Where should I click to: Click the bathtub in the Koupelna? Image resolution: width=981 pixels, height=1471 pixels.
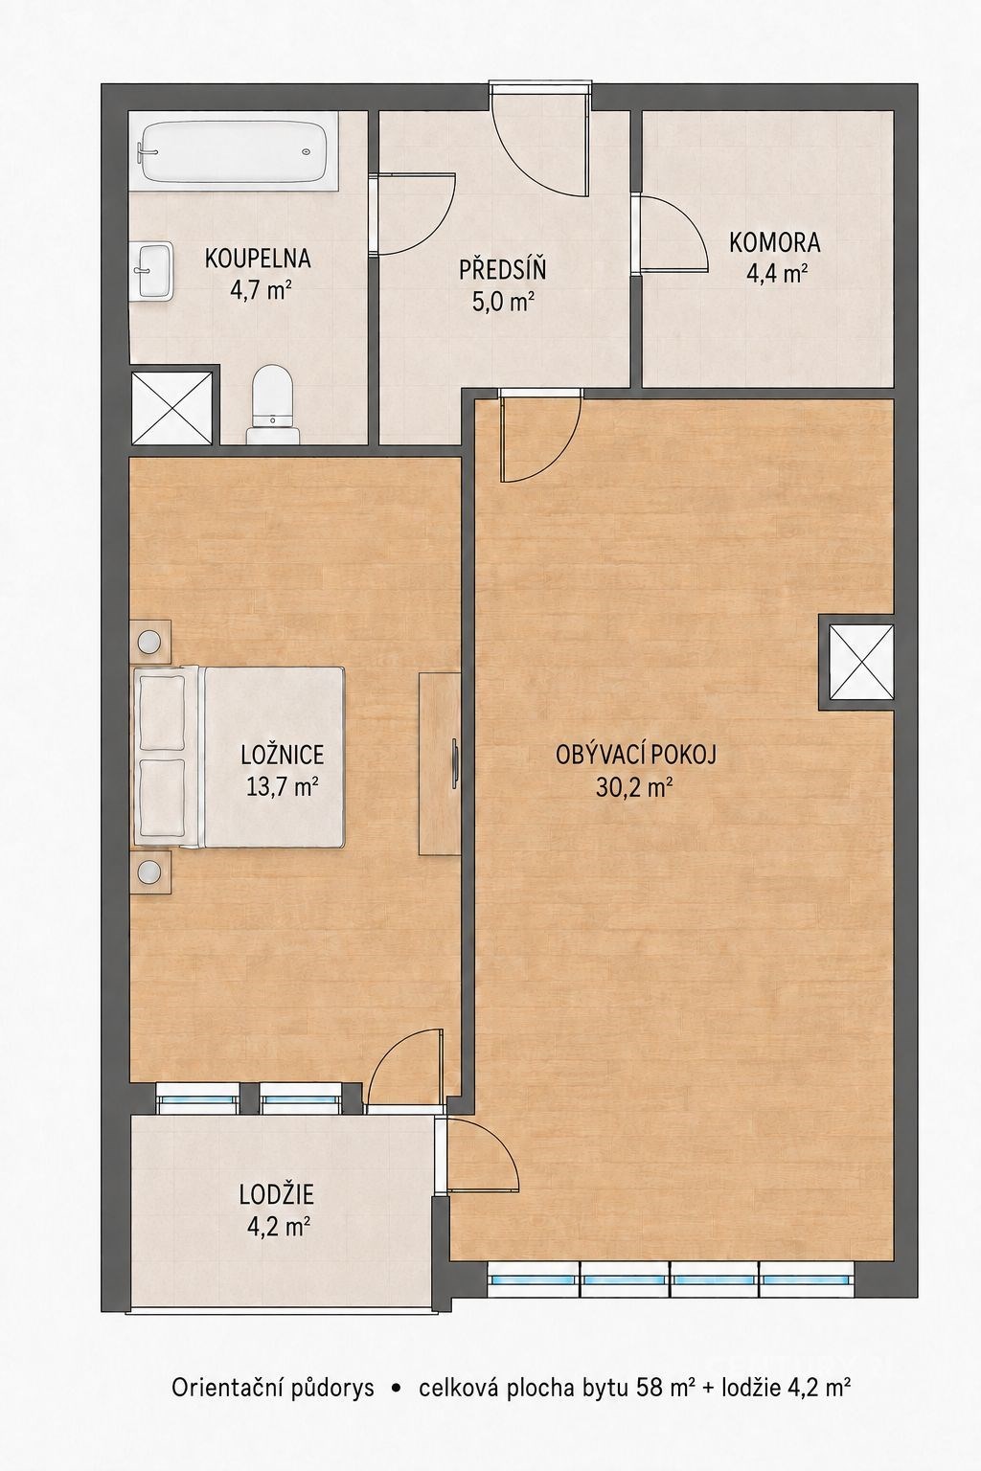point(233,151)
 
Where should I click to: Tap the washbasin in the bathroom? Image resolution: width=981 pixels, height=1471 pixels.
point(153,271)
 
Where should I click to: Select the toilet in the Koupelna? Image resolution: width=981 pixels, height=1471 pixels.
point(274,405)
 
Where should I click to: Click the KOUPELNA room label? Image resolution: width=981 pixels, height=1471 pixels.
point(258,258)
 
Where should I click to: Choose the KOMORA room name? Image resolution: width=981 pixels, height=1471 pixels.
point(775,242)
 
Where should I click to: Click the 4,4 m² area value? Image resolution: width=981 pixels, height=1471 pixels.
point(776,273)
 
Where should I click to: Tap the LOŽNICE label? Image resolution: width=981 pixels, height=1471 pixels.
point(283,755)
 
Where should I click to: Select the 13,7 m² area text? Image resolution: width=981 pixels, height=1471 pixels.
point(283,785)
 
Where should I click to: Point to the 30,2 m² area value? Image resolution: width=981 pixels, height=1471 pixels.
point(634,786)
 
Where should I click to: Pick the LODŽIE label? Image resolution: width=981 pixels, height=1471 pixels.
point(277,1194)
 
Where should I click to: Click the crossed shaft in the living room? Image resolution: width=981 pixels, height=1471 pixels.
point(860,662)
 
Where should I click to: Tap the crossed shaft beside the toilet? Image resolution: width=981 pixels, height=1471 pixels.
point(172,408)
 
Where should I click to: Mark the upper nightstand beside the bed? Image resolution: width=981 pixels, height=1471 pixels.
point(150,641)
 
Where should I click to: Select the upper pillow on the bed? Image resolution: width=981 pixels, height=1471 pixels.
point(160,713)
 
